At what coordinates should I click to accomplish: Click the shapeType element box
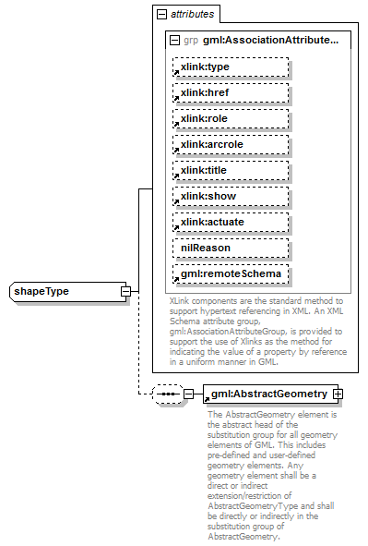click(x=65, y=292)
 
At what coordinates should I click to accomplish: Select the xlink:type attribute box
click(x=230, y=67)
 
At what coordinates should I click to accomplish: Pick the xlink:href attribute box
click(x=230, y=92)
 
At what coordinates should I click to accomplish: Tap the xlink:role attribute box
click(x=230, y=118)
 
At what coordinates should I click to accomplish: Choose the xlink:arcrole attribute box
click(x=230, y=144)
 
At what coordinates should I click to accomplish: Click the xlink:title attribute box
click(x=230, y=170)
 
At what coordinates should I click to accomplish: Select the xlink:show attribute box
click(x=230, y=196)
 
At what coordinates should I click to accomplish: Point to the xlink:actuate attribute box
click(x=230, y=222)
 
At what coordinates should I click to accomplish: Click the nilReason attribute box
click(x=230, y=248)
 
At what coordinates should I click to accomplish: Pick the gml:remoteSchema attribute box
click(x=230, y=273)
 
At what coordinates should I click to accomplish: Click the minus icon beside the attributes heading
click(x=162, y=15)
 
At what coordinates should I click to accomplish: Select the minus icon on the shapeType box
click(x=125, y=292)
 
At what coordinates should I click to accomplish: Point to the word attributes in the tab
click(x=192, y=15)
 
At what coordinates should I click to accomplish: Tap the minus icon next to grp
click(x=175, y=41)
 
